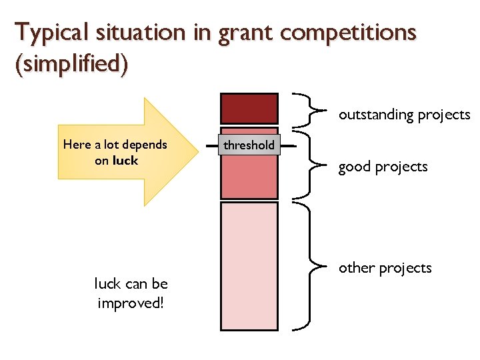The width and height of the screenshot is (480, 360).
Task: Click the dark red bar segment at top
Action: pyautogui.click(x=249, y=108)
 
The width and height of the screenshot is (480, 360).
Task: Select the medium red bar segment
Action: pyautogui.click(x=249, y=177)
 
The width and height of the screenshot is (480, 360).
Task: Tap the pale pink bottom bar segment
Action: pyautogui.click(x=249, y=265)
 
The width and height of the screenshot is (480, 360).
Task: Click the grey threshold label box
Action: pyautogui.click(x=249, y=145)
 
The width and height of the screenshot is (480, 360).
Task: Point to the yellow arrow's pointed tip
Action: pyautogui.click(x=198, y=151)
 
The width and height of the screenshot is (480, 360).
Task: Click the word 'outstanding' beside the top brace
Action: pyautogui.click(x=375, y=115)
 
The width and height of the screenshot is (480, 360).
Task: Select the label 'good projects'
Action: pyautogui.click(x=383, y=167)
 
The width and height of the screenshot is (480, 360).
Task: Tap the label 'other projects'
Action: pyautogui.click(x=385, y=268)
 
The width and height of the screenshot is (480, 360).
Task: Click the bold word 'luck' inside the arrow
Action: pyautogui.click(x=125, y=160)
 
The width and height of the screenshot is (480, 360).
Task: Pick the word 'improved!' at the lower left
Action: pyautogui.click(x=131, y=303)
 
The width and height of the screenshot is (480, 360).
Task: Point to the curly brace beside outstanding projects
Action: pyautogui.click(x=313, y=109)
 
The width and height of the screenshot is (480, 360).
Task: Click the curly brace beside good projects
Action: pyautogui.click(x=311, y=167)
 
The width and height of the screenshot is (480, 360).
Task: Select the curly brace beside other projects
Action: pyautogui.click(x=312, y=267)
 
